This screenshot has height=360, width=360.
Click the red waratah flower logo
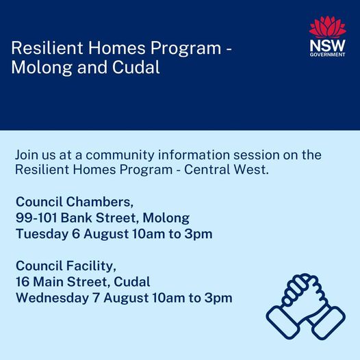point(327,27)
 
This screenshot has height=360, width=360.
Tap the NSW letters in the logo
point(327,46)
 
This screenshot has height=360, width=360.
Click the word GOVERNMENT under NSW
point(327,55)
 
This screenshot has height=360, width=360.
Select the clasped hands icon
point(305,307)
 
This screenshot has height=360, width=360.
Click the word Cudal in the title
point(136,67)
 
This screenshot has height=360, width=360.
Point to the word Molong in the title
point(42,68)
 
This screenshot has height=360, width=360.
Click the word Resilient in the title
point(47,48)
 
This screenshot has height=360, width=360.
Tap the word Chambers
point(100,202)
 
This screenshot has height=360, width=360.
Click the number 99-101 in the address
point(36,218)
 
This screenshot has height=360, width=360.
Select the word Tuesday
point(42,234)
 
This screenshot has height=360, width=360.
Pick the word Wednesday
point(52,298)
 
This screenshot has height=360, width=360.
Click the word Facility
point(91,266)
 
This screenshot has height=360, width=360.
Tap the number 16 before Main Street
point(23,282)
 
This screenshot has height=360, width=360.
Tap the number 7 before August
point(97,298)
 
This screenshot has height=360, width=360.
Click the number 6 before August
point(76,234)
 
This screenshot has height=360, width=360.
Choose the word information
point(194,155)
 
